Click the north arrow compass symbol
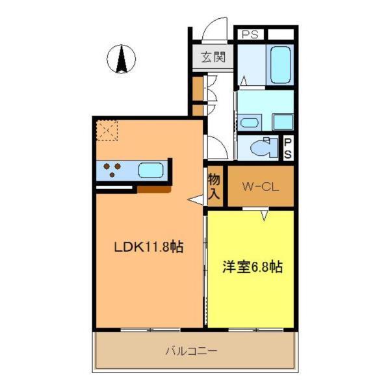point(121,60)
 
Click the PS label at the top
point(250,34)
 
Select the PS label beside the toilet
point(287,148)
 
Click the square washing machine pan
point(283,122)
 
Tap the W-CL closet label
point(261,187)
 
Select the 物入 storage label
point(214,186)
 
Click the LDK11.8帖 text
point(149,247)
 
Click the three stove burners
point(113,170)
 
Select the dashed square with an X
point(107,131)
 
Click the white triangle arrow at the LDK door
point(195,200)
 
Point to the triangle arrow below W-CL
point(265,215)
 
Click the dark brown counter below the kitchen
point(154,189)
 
